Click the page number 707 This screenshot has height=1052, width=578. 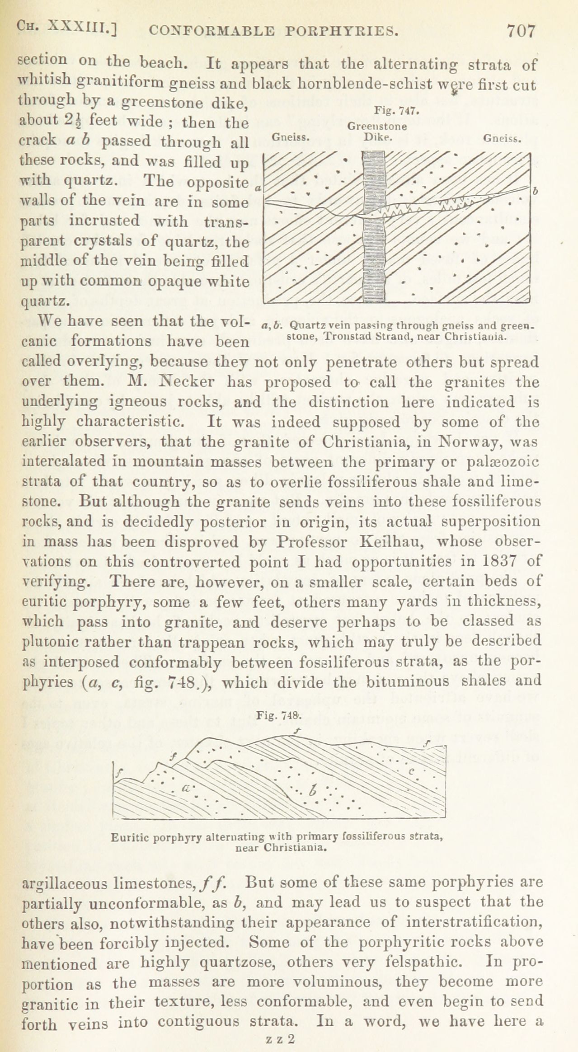[521, 31]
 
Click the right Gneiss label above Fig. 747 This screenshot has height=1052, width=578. [502, 139]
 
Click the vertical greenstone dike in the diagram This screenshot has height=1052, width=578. [375, 226]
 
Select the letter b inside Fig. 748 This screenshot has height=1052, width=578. [313, 790]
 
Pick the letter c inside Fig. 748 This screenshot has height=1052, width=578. [411, 771]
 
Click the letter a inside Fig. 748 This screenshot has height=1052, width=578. [185, 788]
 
